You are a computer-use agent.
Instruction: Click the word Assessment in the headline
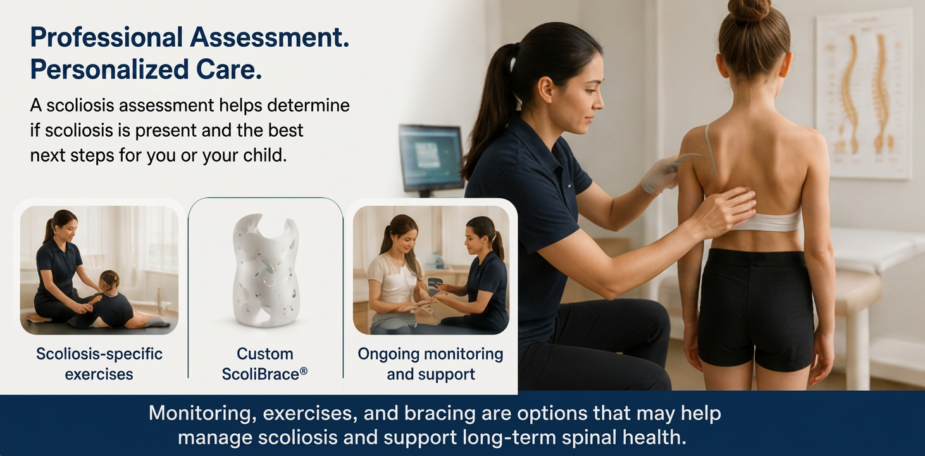click(270, 37)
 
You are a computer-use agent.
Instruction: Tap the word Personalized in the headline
click(109, 69)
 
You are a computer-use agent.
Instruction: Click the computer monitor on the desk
click(431, 158)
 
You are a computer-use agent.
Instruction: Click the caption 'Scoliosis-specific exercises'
click(99, 364)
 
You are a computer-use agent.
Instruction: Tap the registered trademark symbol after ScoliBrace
click(304, 371)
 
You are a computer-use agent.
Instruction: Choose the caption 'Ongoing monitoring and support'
click(431, 364)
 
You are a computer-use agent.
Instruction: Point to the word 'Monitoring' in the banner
click(202, 414)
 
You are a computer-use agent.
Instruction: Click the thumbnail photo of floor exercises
click(99, 270)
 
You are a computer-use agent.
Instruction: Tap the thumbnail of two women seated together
click(431, 270)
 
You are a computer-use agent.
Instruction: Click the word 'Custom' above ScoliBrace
click(264, 354)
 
